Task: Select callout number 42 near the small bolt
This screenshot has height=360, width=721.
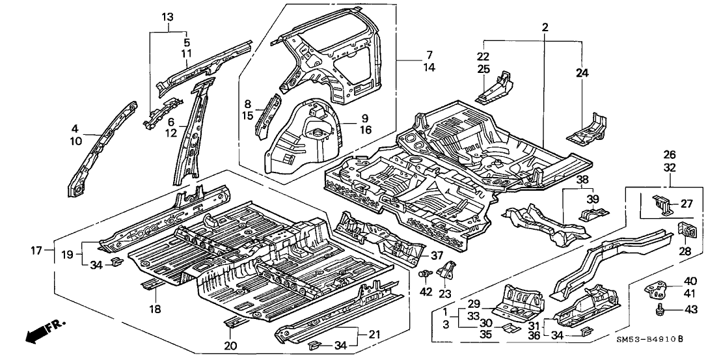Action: [426, 292]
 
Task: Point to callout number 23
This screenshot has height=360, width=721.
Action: [446, 294]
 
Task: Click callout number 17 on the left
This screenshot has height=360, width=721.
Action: [38, 249]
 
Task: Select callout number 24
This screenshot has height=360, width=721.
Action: [582, 74]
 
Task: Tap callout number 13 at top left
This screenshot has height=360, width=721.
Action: [168, 16]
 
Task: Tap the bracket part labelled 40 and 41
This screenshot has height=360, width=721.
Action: [657, 284]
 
